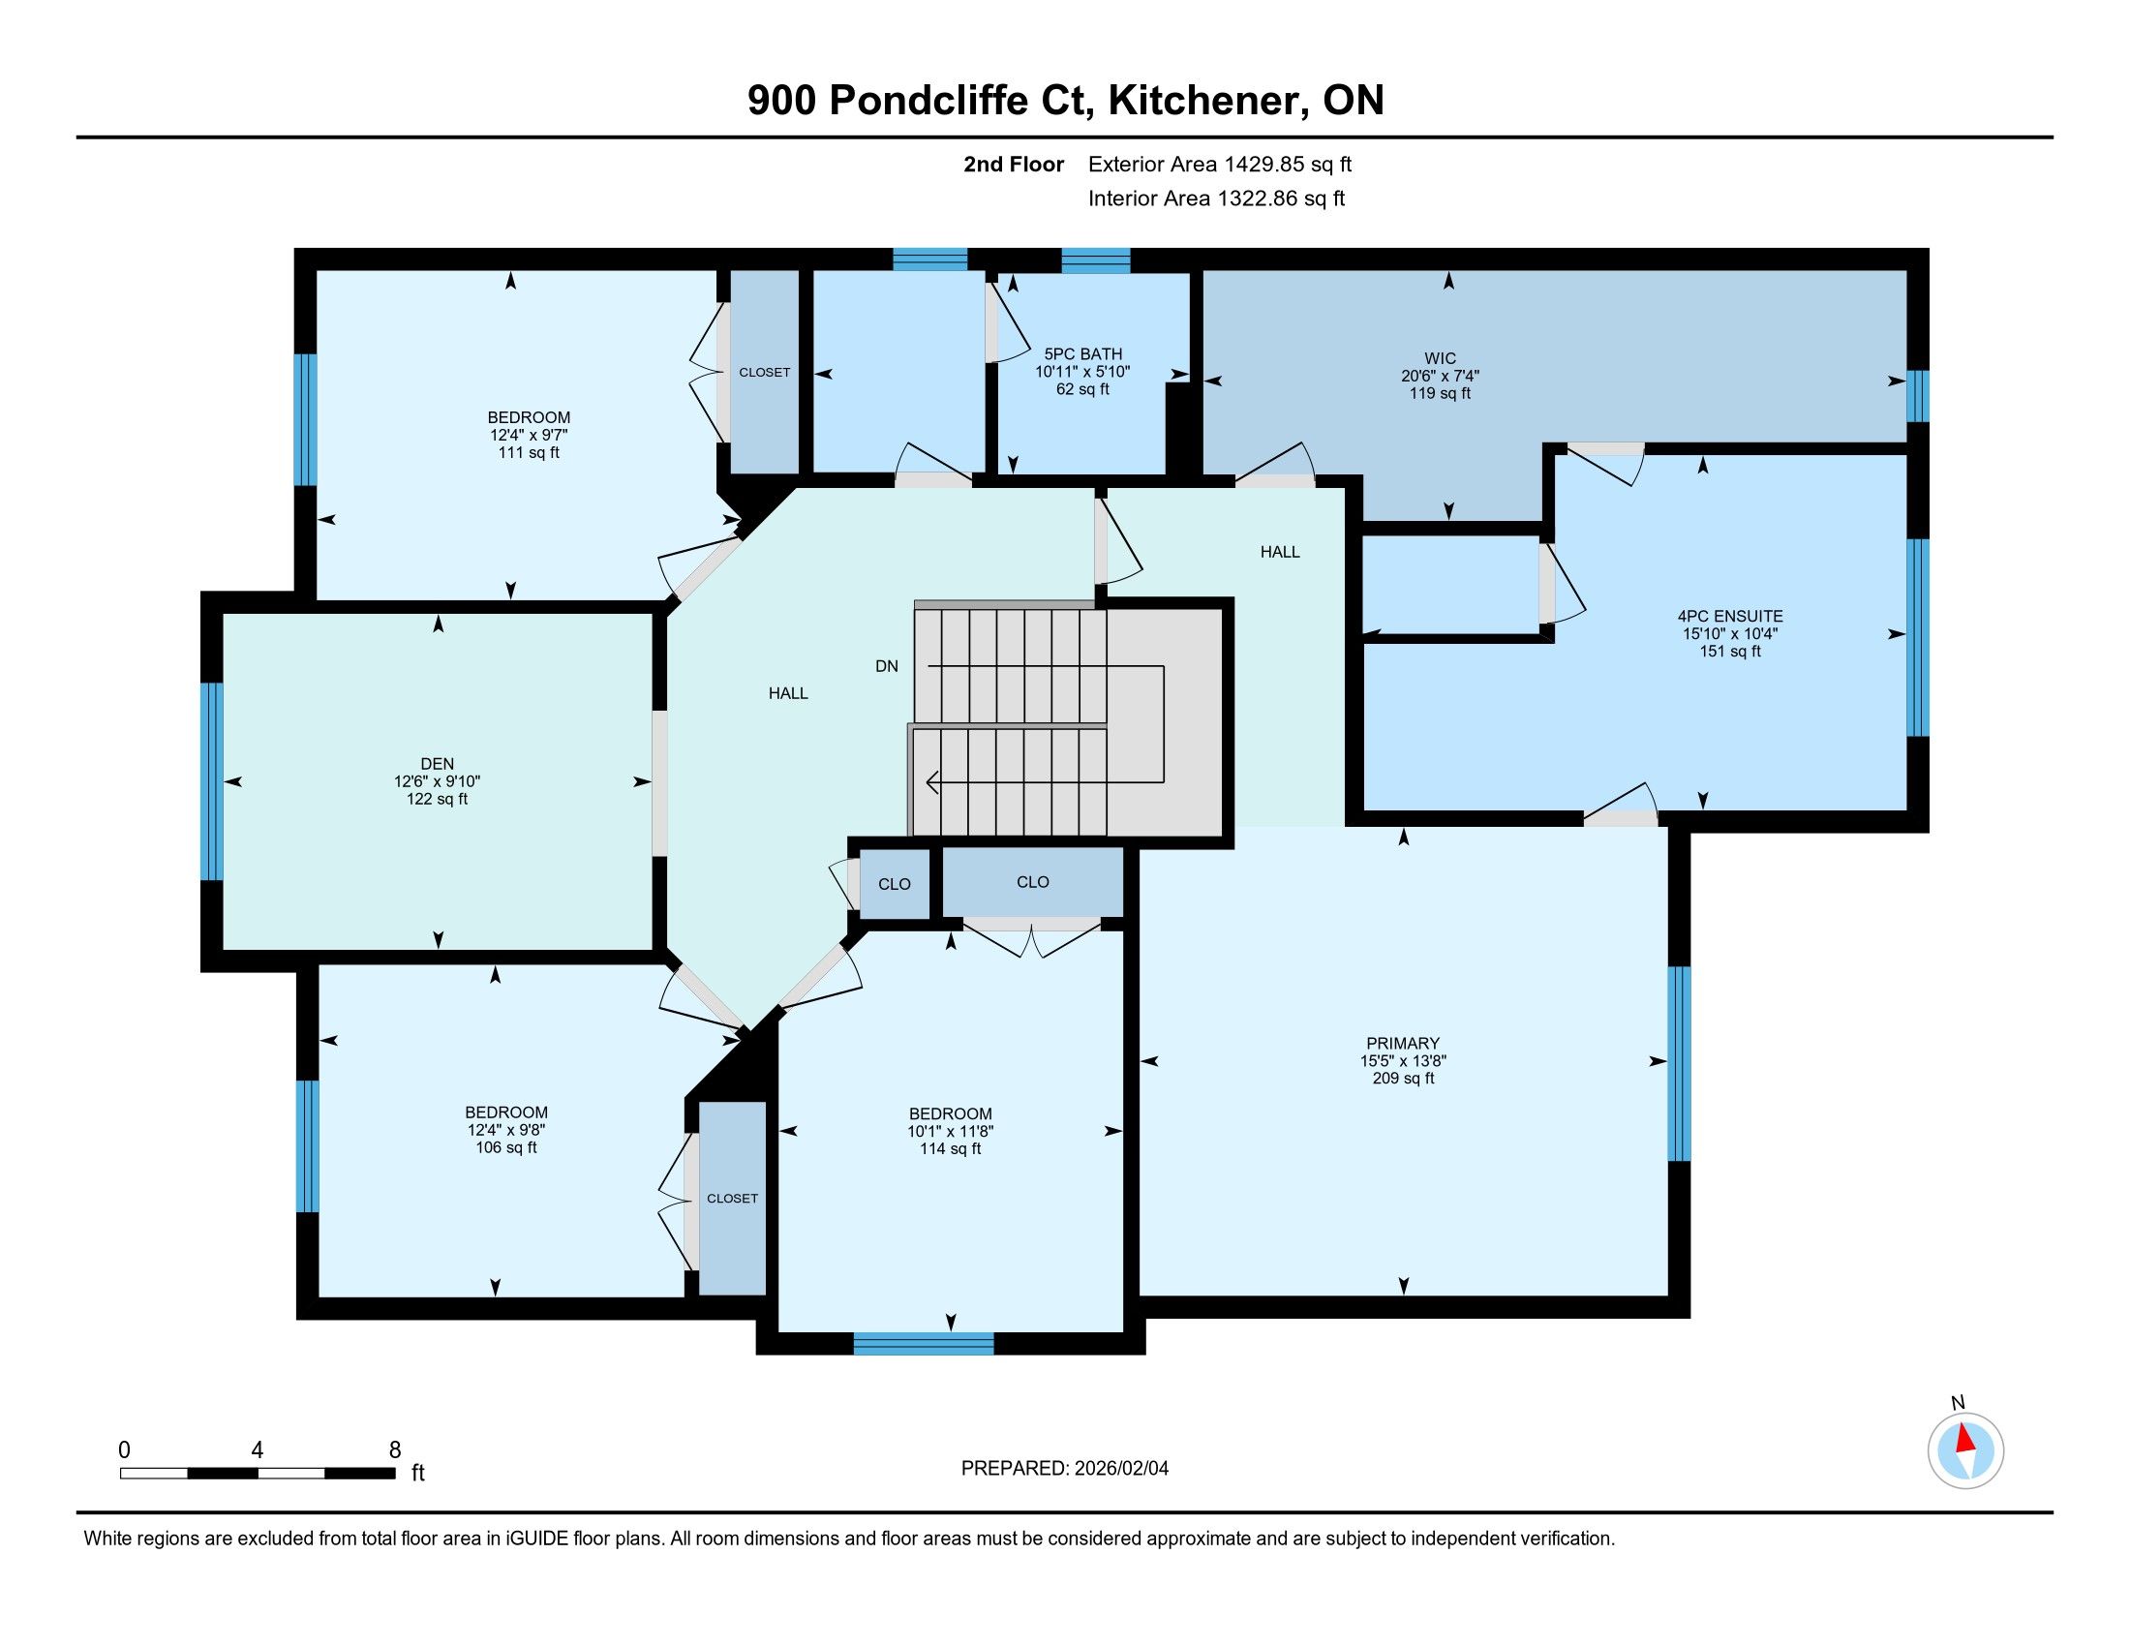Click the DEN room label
tap(438, 764)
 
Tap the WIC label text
tap(1440, 358)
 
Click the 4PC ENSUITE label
tap(1730, 615)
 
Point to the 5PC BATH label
tap(1082, 354)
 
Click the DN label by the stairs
tap(887, 666)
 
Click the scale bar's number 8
tap(395, 1450)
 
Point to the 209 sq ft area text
tap(1404, 1078)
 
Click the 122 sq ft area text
tap(438, 799)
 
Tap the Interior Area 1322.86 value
tap(1281, 198)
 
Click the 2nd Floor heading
tap(1014, 164)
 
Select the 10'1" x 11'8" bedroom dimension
tap(950, 1131)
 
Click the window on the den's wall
tap(212, 781)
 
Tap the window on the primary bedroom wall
tap(1679, 1064)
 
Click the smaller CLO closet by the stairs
tap(895, 883)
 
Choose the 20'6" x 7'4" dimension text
tap(1440, 376)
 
